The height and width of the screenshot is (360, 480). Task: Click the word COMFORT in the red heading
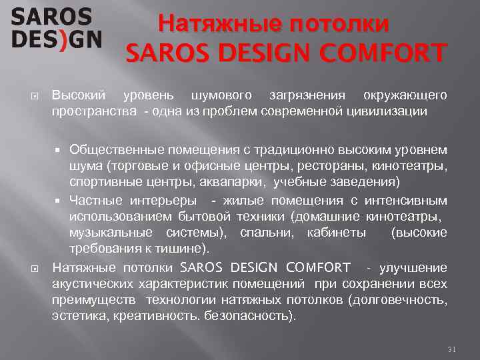tap(387, 52)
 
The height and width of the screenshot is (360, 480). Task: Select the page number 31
tap(452, 349)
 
